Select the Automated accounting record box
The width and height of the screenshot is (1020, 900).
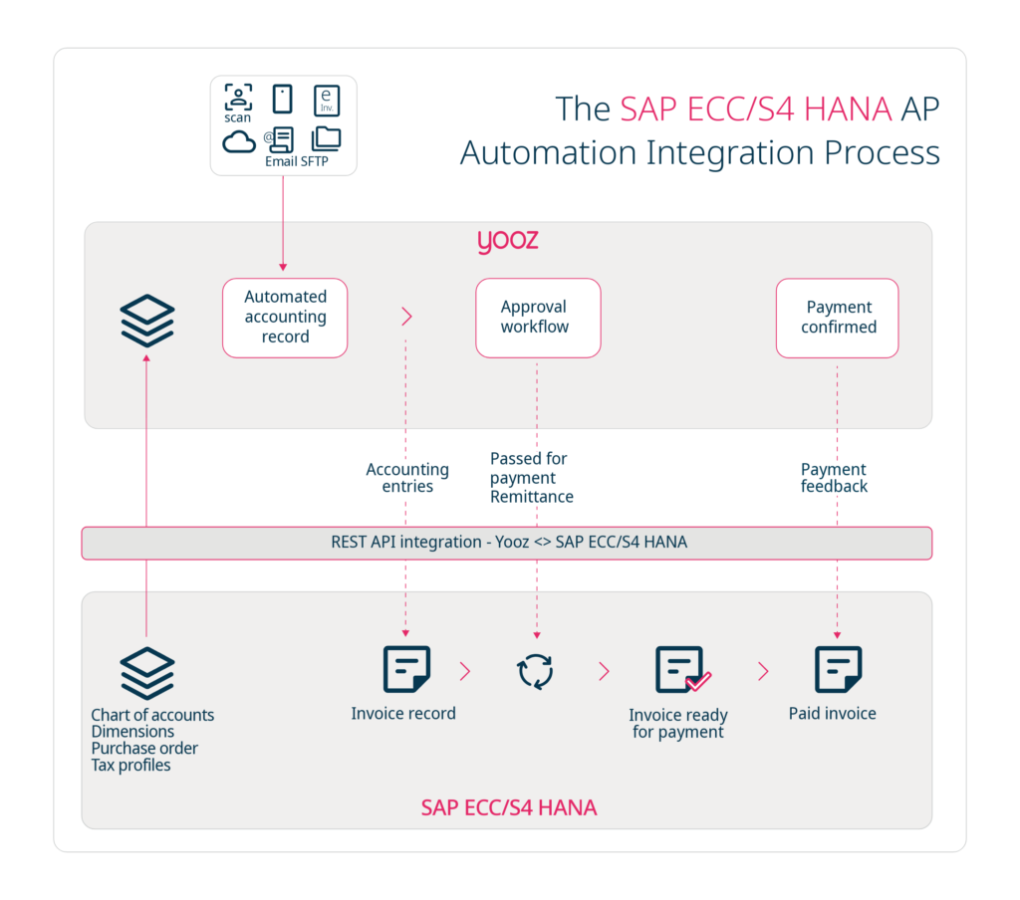[285, 318]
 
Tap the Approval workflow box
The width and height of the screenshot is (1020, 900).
[538, 318]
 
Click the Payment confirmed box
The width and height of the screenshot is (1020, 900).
[837, 318]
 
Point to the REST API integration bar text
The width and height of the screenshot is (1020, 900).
[508, 543]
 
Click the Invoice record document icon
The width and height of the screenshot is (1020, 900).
[406, 669]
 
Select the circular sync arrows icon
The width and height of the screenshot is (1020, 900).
[536, 671]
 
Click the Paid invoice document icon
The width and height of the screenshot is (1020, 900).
[838, 669]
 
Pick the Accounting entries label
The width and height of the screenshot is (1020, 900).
[407, 478]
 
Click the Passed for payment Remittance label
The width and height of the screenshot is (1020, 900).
[531, 477]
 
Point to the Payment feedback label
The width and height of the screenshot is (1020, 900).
[834, 478]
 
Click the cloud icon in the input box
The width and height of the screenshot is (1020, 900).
[239, 141]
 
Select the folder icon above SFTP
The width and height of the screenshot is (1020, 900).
[326, 138]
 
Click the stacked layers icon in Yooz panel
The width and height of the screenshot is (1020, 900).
[147, 320]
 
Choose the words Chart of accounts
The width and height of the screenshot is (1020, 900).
[152, 715]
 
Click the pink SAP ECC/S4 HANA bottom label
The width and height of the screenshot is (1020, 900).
[508, 807]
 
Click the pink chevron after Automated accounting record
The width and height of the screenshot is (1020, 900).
[406, 317]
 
